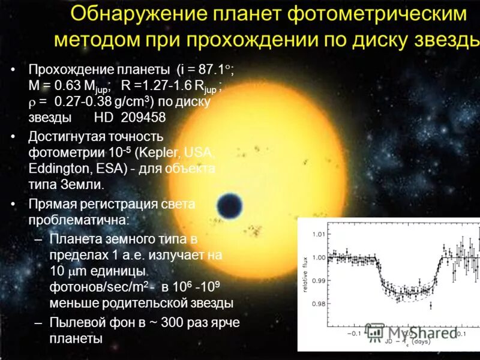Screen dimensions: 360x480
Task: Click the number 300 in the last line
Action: [175, 323]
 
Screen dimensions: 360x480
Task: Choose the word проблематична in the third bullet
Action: [75, 220]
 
